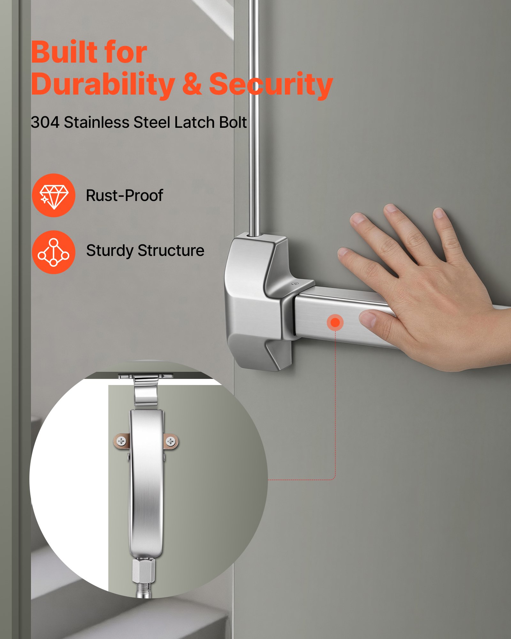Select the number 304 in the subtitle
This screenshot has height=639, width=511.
(x=45, y=122)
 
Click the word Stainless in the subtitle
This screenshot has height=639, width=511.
(x=96, y=122)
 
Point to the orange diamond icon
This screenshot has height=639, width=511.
(x=54, y=195)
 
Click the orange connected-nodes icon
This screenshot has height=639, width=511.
(x=54, y=252)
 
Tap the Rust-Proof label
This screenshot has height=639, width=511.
(x=125, y=196)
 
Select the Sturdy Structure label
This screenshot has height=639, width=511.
(x=145, y=250)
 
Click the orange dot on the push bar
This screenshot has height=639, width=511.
(x=335, y=322)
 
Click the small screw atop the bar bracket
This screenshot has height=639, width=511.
(x=296, y=284)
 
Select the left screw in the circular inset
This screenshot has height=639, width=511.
(x=121, y=441)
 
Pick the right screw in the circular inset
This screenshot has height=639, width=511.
(x=171, y=442)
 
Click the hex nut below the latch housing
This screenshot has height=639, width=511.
(x=144, y=570)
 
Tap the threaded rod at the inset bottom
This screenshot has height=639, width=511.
(x=144, y=589)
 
